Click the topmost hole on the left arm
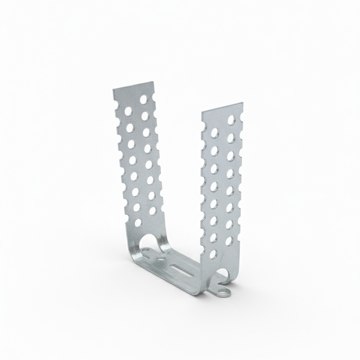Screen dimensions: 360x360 click(143, 99)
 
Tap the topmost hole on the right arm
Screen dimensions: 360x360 click(231, 120)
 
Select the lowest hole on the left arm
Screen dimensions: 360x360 click(138, 223)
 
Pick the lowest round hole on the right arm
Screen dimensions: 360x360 click(212, 254)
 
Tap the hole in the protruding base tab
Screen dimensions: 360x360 click(224, 292)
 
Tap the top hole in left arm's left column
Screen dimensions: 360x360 click(128, 111)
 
